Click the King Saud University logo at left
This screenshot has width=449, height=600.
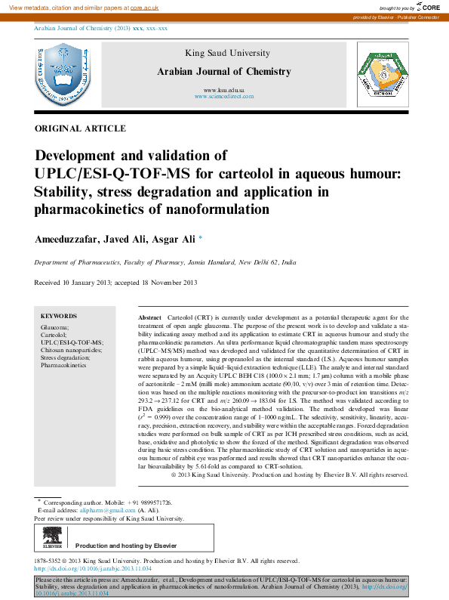point(60,75)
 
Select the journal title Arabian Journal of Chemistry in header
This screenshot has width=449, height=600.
point(223,72)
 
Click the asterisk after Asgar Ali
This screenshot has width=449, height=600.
point(201,239)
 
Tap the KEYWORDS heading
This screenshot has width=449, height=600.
point(58,316)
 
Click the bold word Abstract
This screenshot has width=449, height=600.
point(151,318)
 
